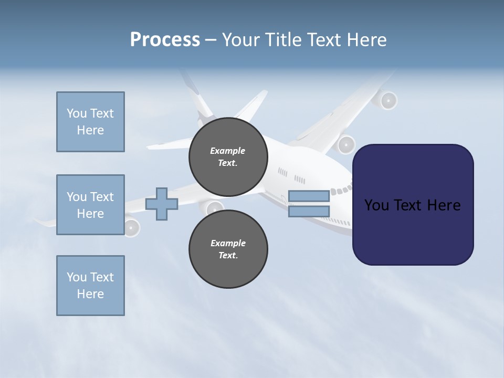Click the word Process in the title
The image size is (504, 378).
pos(165,40)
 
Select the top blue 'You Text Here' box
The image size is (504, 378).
pos(90,122)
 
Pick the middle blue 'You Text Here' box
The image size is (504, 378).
pos(90,205)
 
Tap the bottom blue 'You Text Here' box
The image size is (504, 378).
pos(90,286)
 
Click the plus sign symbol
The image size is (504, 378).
pos(162,203)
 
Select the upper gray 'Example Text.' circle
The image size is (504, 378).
pos(228,157)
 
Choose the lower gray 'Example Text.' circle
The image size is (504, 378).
pos(228,249)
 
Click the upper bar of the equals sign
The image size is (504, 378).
pos(309,196)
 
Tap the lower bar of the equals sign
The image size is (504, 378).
pos(309,211)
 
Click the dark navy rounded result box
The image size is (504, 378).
pos(413,205)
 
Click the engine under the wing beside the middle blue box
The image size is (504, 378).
pos(131,227)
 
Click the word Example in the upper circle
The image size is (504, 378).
pos(228,151)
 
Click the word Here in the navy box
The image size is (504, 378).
pos(444,205)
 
